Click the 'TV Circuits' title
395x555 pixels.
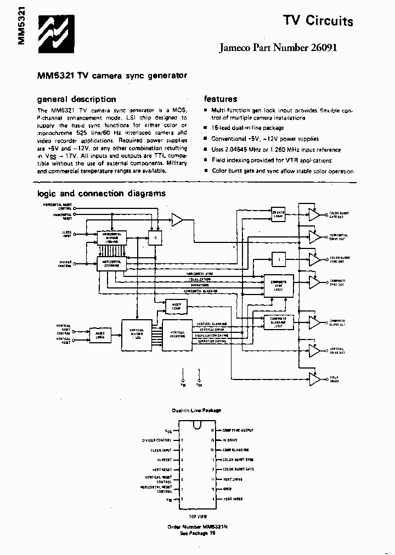click(318, 21)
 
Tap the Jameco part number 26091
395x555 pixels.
click(278, 48)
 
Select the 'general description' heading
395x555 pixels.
click(76, 99)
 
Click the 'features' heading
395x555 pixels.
click(221, 99)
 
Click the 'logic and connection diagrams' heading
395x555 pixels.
click(101, 193)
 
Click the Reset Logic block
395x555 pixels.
click(100, 335)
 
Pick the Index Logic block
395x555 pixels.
click(176, 307)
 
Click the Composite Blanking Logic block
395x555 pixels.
click(279, 322)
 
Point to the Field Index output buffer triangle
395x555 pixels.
click(314, 378)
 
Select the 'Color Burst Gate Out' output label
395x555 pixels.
click(337, 214)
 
